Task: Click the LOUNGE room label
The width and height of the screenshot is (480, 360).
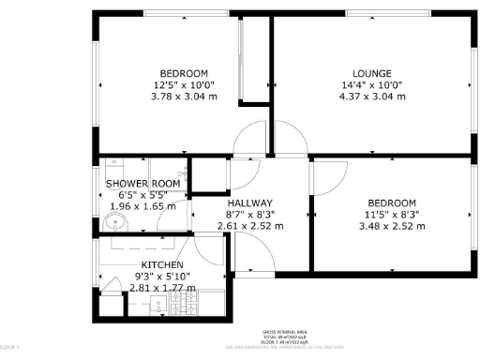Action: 371,73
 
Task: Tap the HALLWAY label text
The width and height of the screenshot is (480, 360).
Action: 249,203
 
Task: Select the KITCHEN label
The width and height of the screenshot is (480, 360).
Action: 162,265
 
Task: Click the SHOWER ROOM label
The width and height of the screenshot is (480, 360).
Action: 142,184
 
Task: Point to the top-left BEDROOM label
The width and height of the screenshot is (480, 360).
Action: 184,73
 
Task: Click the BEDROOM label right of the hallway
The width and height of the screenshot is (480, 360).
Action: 391,203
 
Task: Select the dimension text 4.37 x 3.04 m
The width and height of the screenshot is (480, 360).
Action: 371,96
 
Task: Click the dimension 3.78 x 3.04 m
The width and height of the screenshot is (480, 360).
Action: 184,96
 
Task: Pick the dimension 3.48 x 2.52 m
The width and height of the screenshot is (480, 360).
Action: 391,226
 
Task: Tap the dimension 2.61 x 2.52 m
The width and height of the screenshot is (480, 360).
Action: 249,226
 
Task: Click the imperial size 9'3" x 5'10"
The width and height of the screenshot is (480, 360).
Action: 162,277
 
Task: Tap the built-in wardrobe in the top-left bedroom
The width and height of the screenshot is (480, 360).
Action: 251,61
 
